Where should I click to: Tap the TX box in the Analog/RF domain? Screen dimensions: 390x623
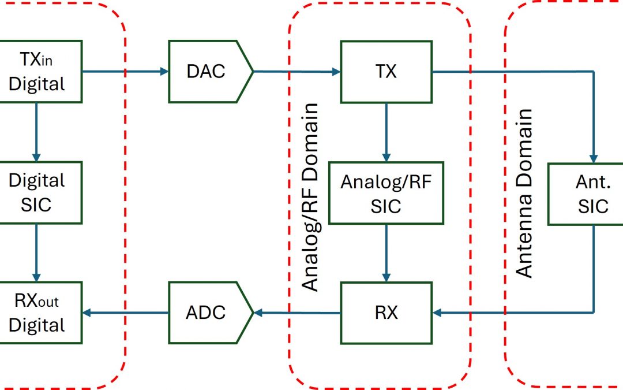click(386, 72)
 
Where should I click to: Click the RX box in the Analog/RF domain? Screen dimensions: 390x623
click(386, 313)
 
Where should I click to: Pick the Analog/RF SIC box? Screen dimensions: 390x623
click(386, 193)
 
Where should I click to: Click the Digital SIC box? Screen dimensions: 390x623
click(37, 193)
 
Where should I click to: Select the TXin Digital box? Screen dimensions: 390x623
click(37, 72)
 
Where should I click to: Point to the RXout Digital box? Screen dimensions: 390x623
click(37, 313)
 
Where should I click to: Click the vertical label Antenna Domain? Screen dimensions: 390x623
click(524, 193)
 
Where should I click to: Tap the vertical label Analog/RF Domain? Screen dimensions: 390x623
click(311, 196)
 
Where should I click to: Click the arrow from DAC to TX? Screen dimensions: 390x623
click(297, 72)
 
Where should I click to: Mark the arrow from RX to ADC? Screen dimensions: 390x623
click(297, 313)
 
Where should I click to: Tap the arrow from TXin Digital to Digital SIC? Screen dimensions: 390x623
click(36, 132)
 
